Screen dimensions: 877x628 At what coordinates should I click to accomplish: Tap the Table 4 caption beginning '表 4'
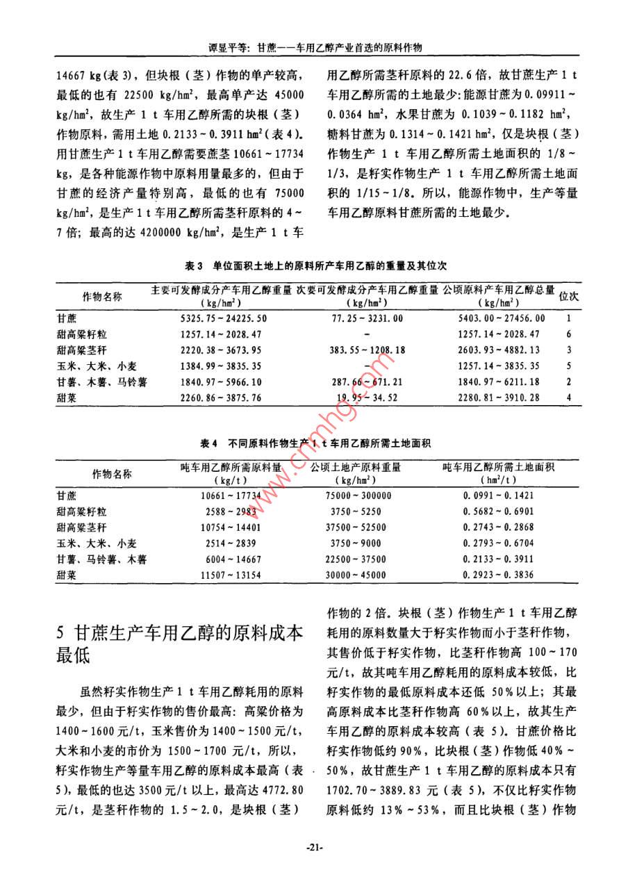315,443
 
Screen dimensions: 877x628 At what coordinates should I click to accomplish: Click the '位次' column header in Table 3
569,296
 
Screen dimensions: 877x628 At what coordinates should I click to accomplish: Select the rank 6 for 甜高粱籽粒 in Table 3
568,334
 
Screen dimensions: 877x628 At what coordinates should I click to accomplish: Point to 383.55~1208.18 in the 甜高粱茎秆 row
364,350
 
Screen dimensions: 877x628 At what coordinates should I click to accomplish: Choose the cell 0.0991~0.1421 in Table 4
498,495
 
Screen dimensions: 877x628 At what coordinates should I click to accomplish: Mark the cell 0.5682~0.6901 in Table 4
498,511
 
